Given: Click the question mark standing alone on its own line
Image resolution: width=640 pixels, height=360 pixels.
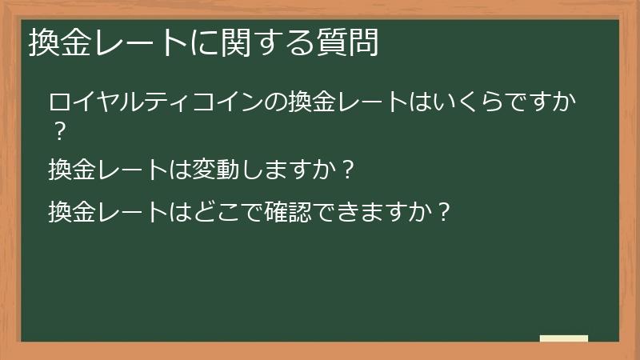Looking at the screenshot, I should coord(58,130).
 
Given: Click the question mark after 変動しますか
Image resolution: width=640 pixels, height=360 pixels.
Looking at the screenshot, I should coord(346,170).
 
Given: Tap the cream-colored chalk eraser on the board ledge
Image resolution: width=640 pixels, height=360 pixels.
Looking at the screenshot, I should coord(563,338).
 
